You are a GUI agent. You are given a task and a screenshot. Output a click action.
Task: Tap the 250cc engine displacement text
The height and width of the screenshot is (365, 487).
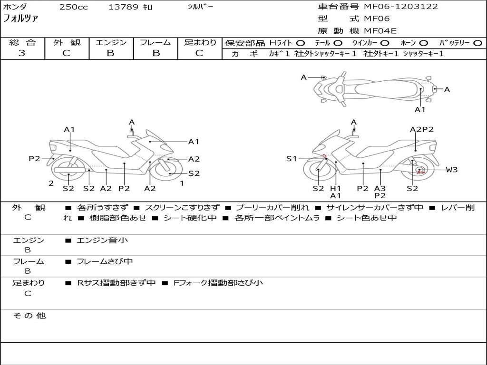73,7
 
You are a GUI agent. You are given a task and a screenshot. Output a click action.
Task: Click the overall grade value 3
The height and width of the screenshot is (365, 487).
22,53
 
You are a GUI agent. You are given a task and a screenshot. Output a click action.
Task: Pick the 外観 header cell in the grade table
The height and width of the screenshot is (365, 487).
67,43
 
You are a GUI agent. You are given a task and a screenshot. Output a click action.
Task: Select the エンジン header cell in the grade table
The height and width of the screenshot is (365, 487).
111,43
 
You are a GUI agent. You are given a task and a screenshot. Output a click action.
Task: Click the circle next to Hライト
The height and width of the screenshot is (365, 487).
301,43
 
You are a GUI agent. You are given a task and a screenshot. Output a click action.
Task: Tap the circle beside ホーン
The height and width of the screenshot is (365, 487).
424,43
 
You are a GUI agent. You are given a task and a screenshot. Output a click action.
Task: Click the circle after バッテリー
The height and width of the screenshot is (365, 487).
477,43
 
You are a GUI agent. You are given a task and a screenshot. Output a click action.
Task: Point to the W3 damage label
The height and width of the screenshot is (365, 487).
451,170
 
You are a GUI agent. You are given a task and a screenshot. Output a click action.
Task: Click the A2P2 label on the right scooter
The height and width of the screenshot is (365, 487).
421,129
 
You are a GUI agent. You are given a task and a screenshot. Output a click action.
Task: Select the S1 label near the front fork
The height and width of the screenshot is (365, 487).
291,159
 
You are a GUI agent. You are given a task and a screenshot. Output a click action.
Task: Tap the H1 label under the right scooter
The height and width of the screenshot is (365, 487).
336,188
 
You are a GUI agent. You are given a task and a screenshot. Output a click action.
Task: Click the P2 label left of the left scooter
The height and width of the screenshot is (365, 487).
34,159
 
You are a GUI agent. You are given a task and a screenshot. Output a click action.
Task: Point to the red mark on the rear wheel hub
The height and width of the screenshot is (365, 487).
420,173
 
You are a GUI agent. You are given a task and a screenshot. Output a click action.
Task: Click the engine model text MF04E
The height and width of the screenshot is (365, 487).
380,31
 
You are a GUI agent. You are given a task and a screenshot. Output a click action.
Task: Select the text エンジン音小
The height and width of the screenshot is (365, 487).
102,240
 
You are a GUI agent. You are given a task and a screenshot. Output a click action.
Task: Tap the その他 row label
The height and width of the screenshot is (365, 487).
29,316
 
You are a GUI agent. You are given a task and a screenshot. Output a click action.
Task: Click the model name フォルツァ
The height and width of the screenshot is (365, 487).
21,19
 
